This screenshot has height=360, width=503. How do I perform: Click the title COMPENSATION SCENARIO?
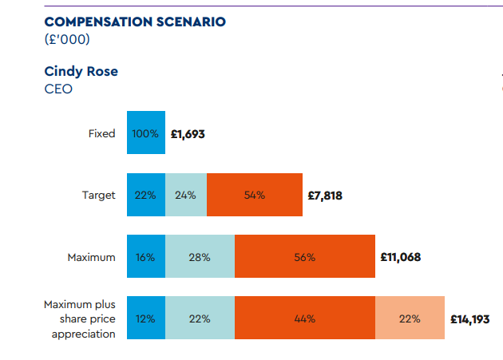(135, 22)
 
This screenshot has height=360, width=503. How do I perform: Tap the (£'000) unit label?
(67, 39)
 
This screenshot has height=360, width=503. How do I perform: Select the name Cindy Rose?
(81, 71)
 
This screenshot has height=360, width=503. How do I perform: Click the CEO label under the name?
(58, 89)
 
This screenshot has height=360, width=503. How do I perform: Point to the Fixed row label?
(101, 133)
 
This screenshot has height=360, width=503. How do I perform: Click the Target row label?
(99, 195)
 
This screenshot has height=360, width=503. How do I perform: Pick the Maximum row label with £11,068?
(91, 257)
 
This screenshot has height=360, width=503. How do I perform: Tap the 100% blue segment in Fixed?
(146, 133)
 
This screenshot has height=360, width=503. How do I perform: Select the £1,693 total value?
(188, 134)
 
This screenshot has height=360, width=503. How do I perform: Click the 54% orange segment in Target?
(255, 195)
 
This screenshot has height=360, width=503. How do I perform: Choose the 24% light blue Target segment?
(186, 195)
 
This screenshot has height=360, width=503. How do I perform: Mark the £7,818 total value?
(325, 195)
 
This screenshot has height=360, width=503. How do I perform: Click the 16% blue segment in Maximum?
(146, 257)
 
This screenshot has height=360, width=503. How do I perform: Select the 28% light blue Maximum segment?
(200, 257)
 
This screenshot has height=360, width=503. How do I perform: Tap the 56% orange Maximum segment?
(305, 257)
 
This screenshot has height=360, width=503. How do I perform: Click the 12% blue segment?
(146, 318)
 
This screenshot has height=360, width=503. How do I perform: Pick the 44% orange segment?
(305, 318)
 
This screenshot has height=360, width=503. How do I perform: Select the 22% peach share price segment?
(410, 318)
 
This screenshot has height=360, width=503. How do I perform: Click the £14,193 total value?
(470, 319)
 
